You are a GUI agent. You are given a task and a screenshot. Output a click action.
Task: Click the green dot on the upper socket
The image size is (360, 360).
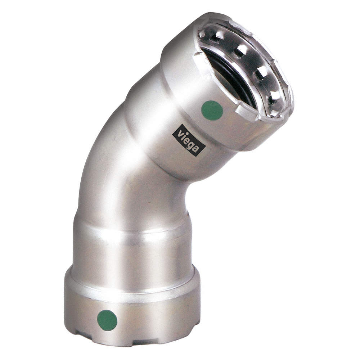[212, 110]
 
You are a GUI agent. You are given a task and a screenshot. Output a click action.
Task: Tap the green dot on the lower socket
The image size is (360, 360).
[107, 320]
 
